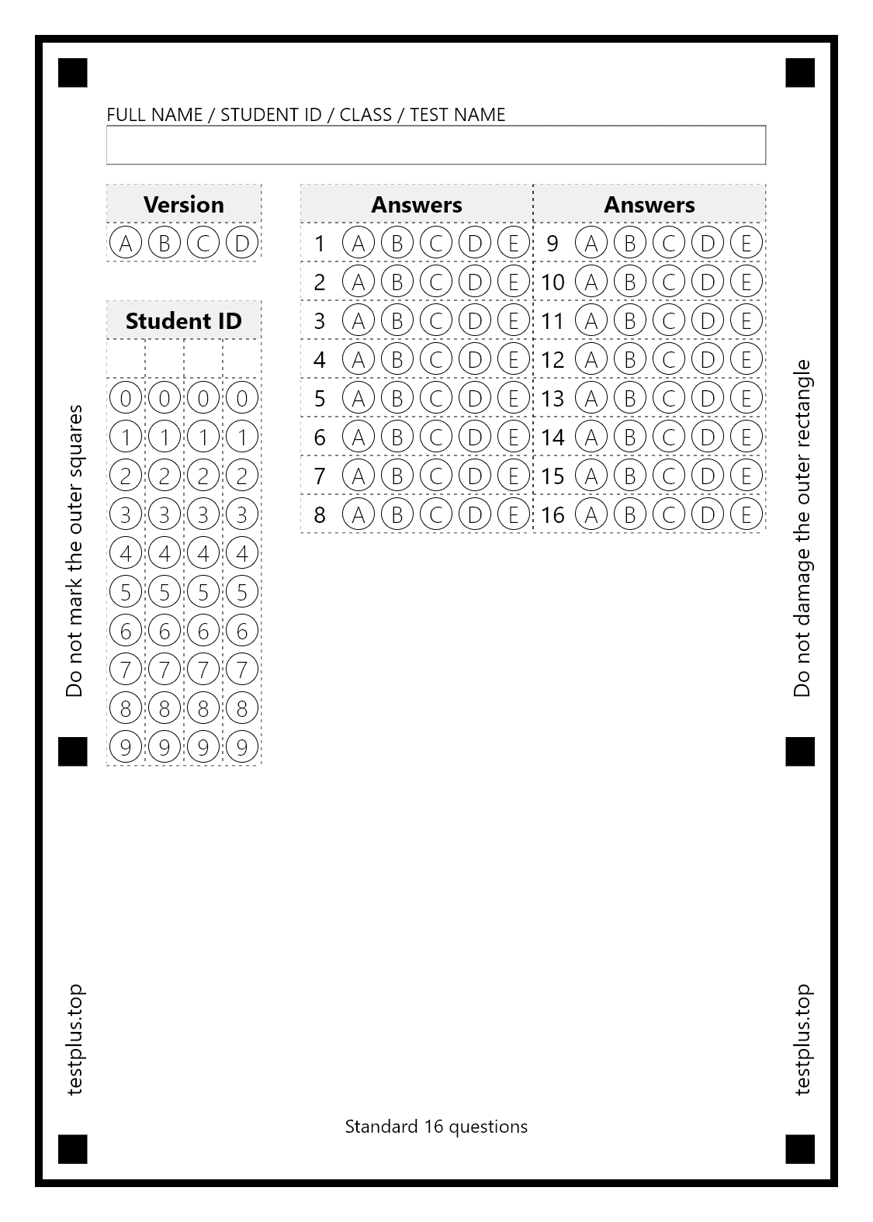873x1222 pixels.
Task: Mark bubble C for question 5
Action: coord(436,398)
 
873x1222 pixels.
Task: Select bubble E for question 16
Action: coord(747,514)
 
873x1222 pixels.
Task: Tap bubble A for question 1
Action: coord(359,244)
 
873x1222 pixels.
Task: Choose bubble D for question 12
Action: coord(708,359)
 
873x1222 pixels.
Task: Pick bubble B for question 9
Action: coord(630,244)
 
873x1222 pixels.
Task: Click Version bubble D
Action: coord(242,244)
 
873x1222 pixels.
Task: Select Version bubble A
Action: coord(126,244)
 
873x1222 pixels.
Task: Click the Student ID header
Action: coord(184,320)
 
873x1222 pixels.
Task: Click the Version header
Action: coord(184,205)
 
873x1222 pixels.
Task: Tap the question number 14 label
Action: coord(553,437)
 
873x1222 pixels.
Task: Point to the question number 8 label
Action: coord(320,514)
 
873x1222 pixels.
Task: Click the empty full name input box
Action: coord(436,145)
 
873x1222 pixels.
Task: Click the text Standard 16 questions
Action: coord(436,1127)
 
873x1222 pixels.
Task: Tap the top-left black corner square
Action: coord(73,73)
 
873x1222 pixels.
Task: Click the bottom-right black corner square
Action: coord(800,1149)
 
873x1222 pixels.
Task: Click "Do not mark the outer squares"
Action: coord(74,551)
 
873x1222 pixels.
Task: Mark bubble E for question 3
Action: coord(514,320)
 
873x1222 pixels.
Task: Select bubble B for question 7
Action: coord(397,476)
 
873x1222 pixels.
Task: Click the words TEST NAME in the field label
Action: coord(458,115)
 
